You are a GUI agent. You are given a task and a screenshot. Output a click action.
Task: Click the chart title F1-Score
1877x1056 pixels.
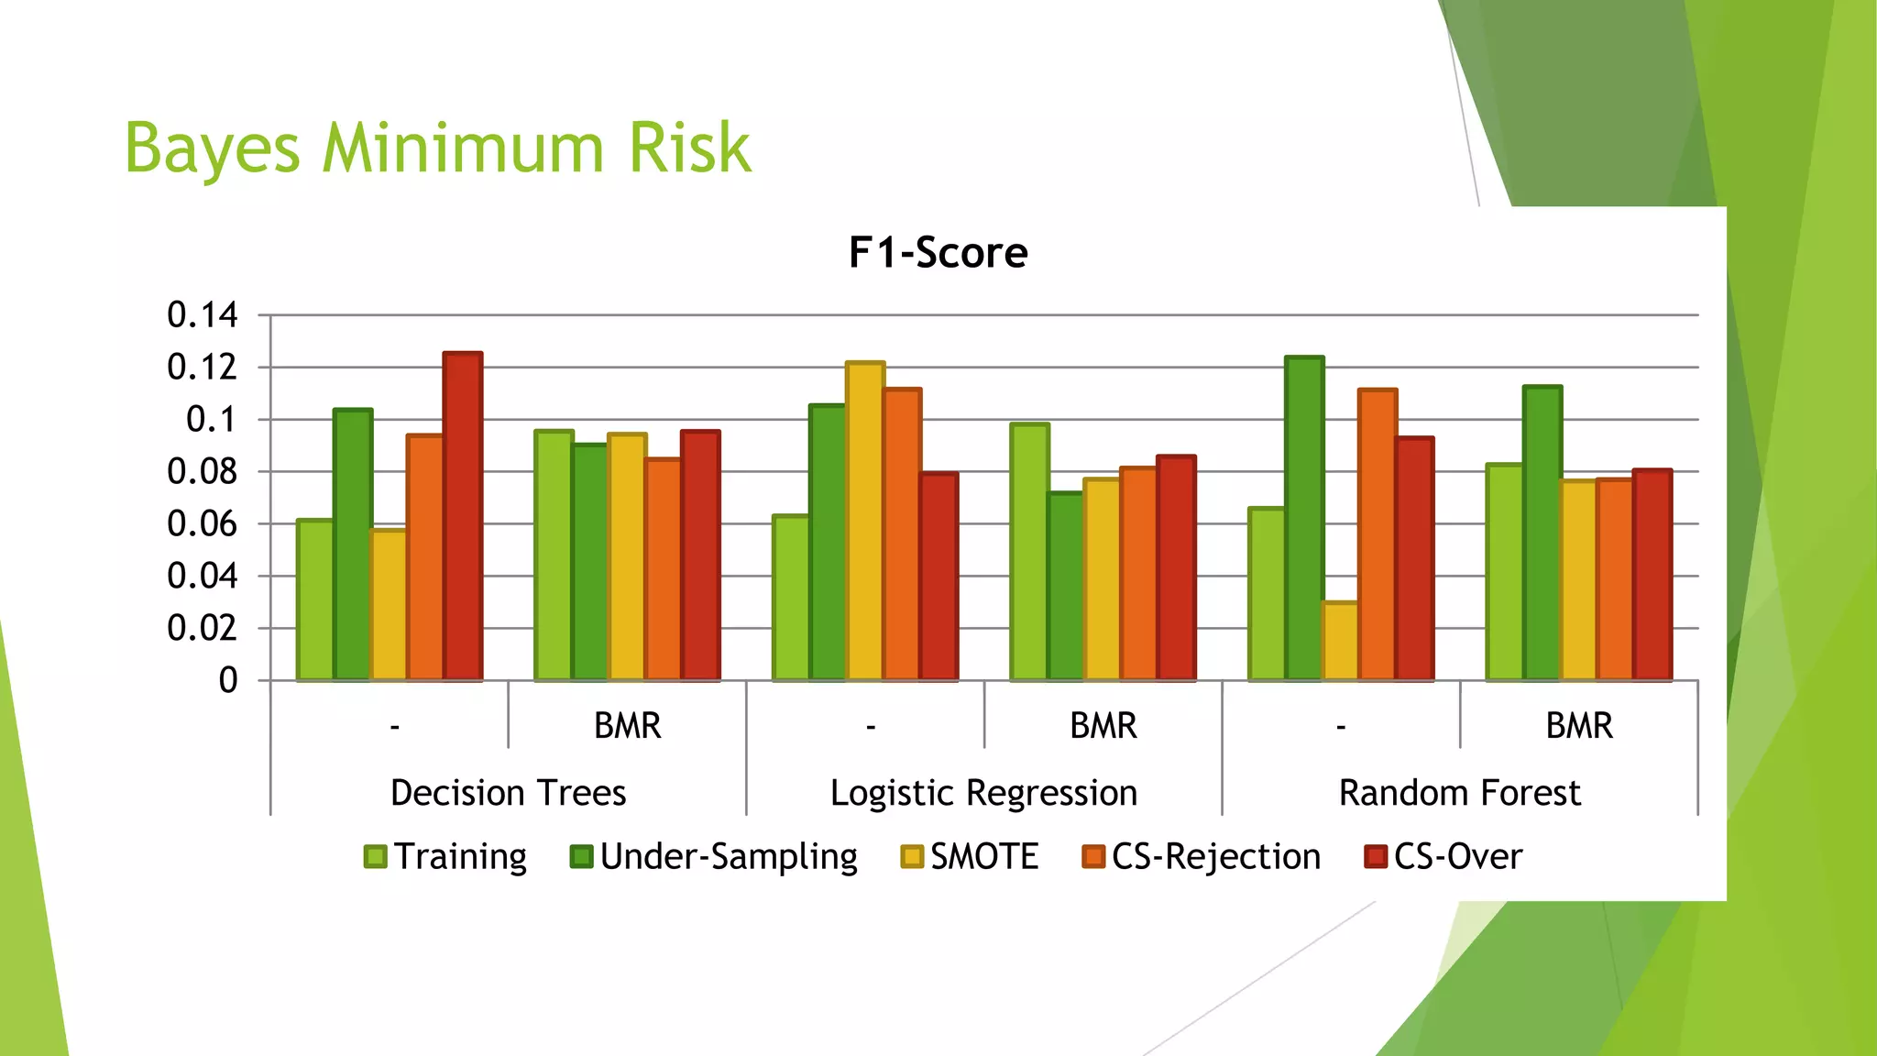pos(938,253)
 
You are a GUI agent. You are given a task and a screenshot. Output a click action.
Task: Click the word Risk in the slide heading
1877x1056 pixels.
pos(689,148)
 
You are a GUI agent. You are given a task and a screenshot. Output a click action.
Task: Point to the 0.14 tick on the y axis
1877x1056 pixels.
pos(203,315)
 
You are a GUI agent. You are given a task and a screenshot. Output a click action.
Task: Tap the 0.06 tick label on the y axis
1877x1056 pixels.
pos(203,524)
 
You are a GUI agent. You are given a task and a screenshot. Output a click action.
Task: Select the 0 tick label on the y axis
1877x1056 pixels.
pos(228,681)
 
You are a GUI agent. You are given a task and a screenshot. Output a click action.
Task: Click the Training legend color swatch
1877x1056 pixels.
pos(375,857)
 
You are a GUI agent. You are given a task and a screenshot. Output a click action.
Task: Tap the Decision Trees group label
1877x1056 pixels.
pos(508,793)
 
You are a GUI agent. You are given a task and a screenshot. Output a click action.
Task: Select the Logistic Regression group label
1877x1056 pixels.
pos(983,793)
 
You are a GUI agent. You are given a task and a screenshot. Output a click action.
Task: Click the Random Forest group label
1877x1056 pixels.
pos(1459,793)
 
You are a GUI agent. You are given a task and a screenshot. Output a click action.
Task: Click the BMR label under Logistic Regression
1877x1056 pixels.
pos(1103,726)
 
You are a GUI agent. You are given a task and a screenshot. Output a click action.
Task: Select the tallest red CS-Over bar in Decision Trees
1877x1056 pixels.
pos(463,518)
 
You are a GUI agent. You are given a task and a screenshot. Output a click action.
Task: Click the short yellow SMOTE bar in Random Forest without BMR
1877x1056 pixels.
pos(1340,642)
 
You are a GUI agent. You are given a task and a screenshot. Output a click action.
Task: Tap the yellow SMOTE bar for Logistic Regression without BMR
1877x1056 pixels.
pos(865,522)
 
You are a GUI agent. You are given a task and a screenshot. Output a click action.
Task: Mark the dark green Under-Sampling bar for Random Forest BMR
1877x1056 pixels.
pos(1542,534)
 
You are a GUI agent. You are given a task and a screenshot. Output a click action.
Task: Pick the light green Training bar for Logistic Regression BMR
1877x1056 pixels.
pos(1029,553)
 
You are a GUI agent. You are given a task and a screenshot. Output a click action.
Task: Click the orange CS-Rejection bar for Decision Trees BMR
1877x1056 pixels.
pos(663,570)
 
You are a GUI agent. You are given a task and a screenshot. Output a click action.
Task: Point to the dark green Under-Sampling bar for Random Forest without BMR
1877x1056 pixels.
pos(1303,520)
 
